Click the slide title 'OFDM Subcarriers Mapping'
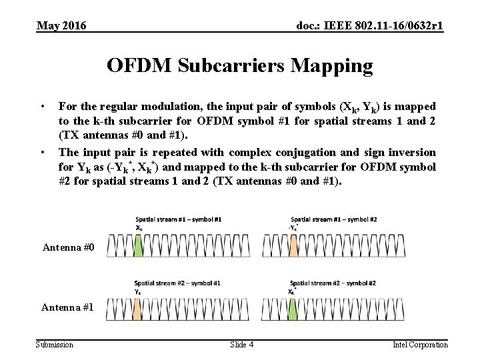tap(240, 65)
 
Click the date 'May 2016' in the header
tap(61, 26)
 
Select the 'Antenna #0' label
tap(69, 248)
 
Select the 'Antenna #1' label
tap(68, 307)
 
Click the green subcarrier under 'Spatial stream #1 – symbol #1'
tap(138, 247)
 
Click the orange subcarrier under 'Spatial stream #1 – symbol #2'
tap(293, 247)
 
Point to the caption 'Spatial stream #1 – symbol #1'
tap(179, 219)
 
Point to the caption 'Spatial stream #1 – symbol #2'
tap(333, 219)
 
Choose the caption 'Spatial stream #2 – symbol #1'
tap(177, 283)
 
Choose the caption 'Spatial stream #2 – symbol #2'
tap(333, 283)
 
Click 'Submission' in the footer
tap(55, 345)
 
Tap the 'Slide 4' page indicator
tap(241, 345)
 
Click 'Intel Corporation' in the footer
tap(420, 345)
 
